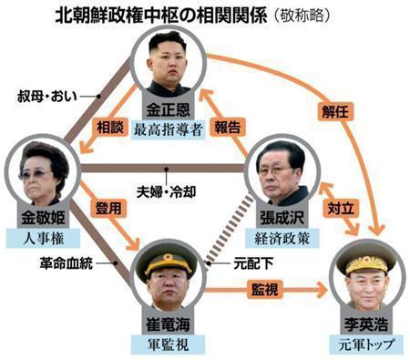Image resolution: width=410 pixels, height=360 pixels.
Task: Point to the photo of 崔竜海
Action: [169, 276]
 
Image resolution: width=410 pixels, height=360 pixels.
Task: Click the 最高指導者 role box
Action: [168, 127]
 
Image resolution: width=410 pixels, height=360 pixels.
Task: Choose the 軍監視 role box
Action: [168, 344]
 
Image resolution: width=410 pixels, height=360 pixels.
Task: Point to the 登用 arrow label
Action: [108, 209]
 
